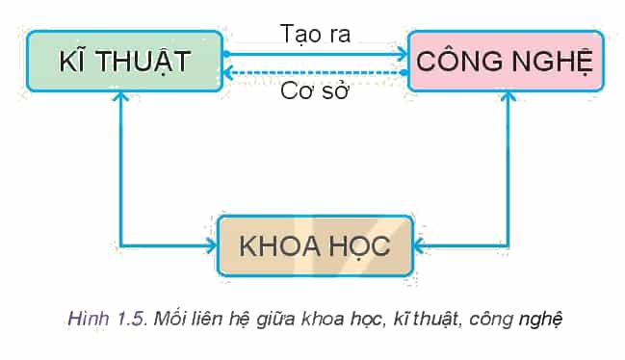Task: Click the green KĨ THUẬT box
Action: pos(124,61)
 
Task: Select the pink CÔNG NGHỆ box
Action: pos(507,61)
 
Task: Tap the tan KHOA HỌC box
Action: pos(315,245)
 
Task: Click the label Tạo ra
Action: pos(315,34)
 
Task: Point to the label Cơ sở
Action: pos(315,90)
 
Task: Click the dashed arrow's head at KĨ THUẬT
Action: pos(227,73)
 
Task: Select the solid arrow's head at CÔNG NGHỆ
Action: pos(403,54)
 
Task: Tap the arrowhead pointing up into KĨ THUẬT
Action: pos(120,96)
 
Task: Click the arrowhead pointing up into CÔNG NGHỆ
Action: pos(508,96)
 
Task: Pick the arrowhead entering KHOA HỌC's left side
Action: pos(212,245)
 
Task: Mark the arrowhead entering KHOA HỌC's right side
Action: pos(419,245)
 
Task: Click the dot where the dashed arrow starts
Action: pos(404,73)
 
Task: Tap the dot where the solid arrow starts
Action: pos(226,54)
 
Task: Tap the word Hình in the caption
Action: pos(89,319)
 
